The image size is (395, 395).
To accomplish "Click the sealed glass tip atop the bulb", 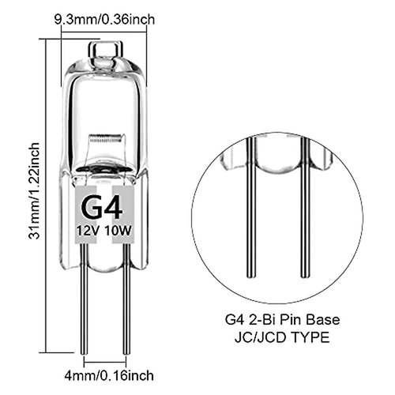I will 103,49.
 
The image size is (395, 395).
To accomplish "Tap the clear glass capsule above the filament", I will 103,95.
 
